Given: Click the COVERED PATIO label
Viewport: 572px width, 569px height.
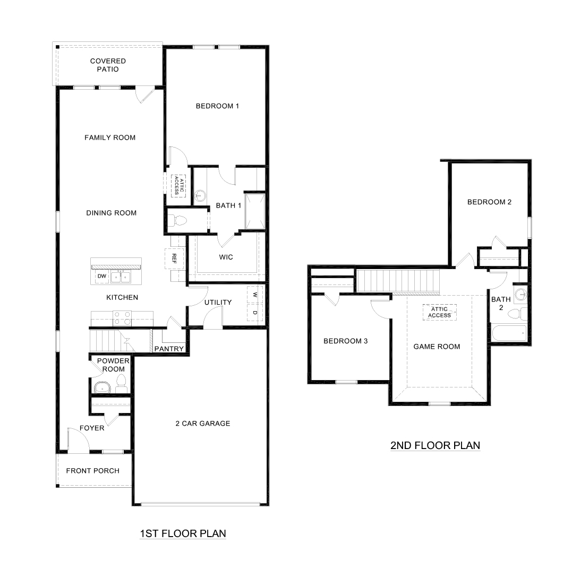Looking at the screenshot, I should tap(108, 65).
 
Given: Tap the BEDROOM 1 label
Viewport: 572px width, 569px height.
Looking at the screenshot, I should tap(217, 106).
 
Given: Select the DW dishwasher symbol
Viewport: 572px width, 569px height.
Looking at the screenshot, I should tap(101, 277).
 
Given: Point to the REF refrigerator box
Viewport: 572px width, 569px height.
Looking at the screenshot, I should tap(174, 258).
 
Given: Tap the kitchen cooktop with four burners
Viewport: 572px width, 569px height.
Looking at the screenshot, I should tap(122, 318).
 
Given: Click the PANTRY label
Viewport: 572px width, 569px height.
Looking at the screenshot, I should tap(168, 349).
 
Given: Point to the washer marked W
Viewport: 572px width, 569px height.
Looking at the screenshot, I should tap(255, 294).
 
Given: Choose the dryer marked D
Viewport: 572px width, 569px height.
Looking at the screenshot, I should tap(255, 313).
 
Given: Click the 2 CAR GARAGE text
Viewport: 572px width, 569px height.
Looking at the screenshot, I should tap(203, 424).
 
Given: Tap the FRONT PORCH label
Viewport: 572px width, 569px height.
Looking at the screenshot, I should tap(92, 471).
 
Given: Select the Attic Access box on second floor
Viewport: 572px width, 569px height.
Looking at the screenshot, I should tap(439, 312).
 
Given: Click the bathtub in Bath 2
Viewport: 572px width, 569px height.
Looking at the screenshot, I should tap(509, 334).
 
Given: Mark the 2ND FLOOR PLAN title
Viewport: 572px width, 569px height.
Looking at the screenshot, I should tap(435, 445).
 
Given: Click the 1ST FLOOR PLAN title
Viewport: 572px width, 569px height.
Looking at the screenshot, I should tap(183, 533).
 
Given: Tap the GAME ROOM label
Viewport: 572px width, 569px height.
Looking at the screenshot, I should tap(437, 347).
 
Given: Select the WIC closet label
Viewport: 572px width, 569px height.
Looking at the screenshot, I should tap(226, 257).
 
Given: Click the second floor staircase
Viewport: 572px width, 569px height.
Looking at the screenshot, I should tap(399, 280).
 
